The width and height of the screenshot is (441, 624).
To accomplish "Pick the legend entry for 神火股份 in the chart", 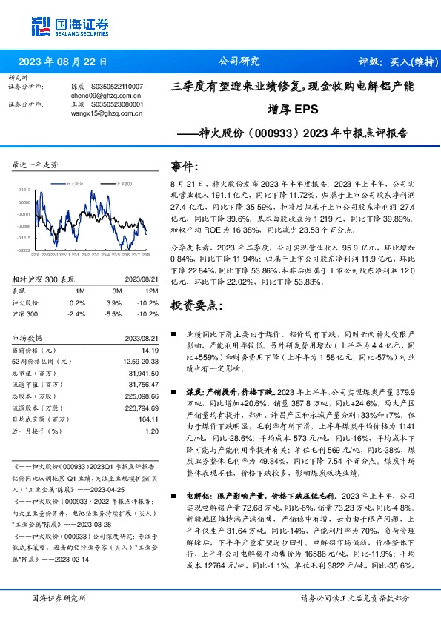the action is [71, 182].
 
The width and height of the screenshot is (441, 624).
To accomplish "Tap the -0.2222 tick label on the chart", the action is [24, 250].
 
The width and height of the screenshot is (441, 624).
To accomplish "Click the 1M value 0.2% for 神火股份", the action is [76, 303].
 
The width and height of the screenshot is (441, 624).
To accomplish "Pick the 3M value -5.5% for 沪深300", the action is [112, 314].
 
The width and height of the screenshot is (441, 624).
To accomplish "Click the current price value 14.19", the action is [151, 350].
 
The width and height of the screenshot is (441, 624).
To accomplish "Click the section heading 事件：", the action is [185, 166].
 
